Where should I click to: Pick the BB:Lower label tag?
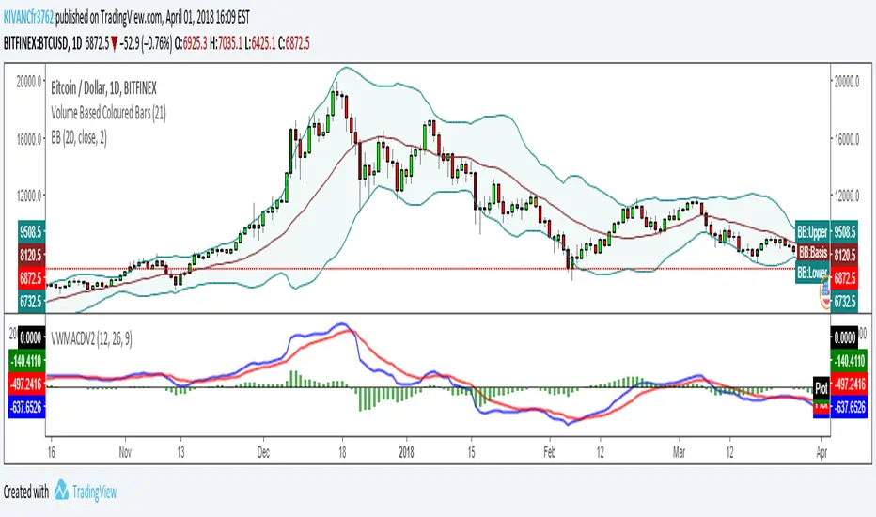coord(812,274)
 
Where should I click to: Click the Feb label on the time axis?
coord(551,450)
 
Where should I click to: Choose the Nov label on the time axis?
coord(124,450)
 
